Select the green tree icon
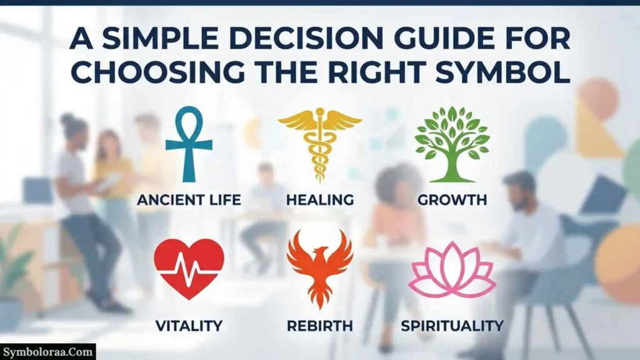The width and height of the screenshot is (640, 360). [x=452, y=144]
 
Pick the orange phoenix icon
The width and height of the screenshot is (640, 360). [x=319, y=268]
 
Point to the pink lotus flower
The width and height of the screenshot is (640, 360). [x=452, y=269]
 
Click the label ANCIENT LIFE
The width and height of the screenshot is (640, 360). [x=189, y=200]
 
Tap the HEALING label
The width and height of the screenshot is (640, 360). [x=320, y=200]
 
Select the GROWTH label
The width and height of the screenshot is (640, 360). [x=452, y=200]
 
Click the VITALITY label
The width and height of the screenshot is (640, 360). [x=189, y=326]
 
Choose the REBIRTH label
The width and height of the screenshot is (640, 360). [x=320, y=326]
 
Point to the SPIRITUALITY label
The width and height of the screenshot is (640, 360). [x=452, y=326]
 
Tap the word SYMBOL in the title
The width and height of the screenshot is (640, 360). [x=503, y=72]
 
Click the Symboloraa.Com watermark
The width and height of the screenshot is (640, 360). [x=47, y=352]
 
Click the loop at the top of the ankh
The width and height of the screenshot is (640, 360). [x=189, y=122]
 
